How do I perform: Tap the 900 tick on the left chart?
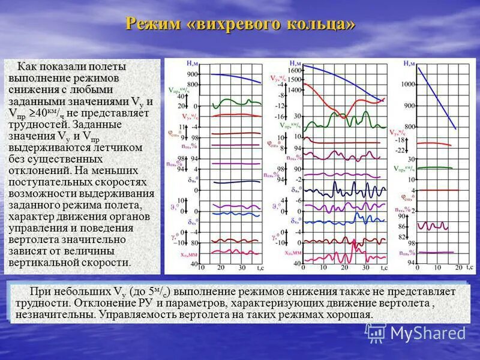[192, 74]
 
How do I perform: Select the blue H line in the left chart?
[234, 76]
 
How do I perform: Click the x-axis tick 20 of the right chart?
[458, 266]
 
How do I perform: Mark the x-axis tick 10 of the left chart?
[200, 267]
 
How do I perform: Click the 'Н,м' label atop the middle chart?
[295, 62]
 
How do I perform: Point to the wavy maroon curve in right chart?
[432, 226]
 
